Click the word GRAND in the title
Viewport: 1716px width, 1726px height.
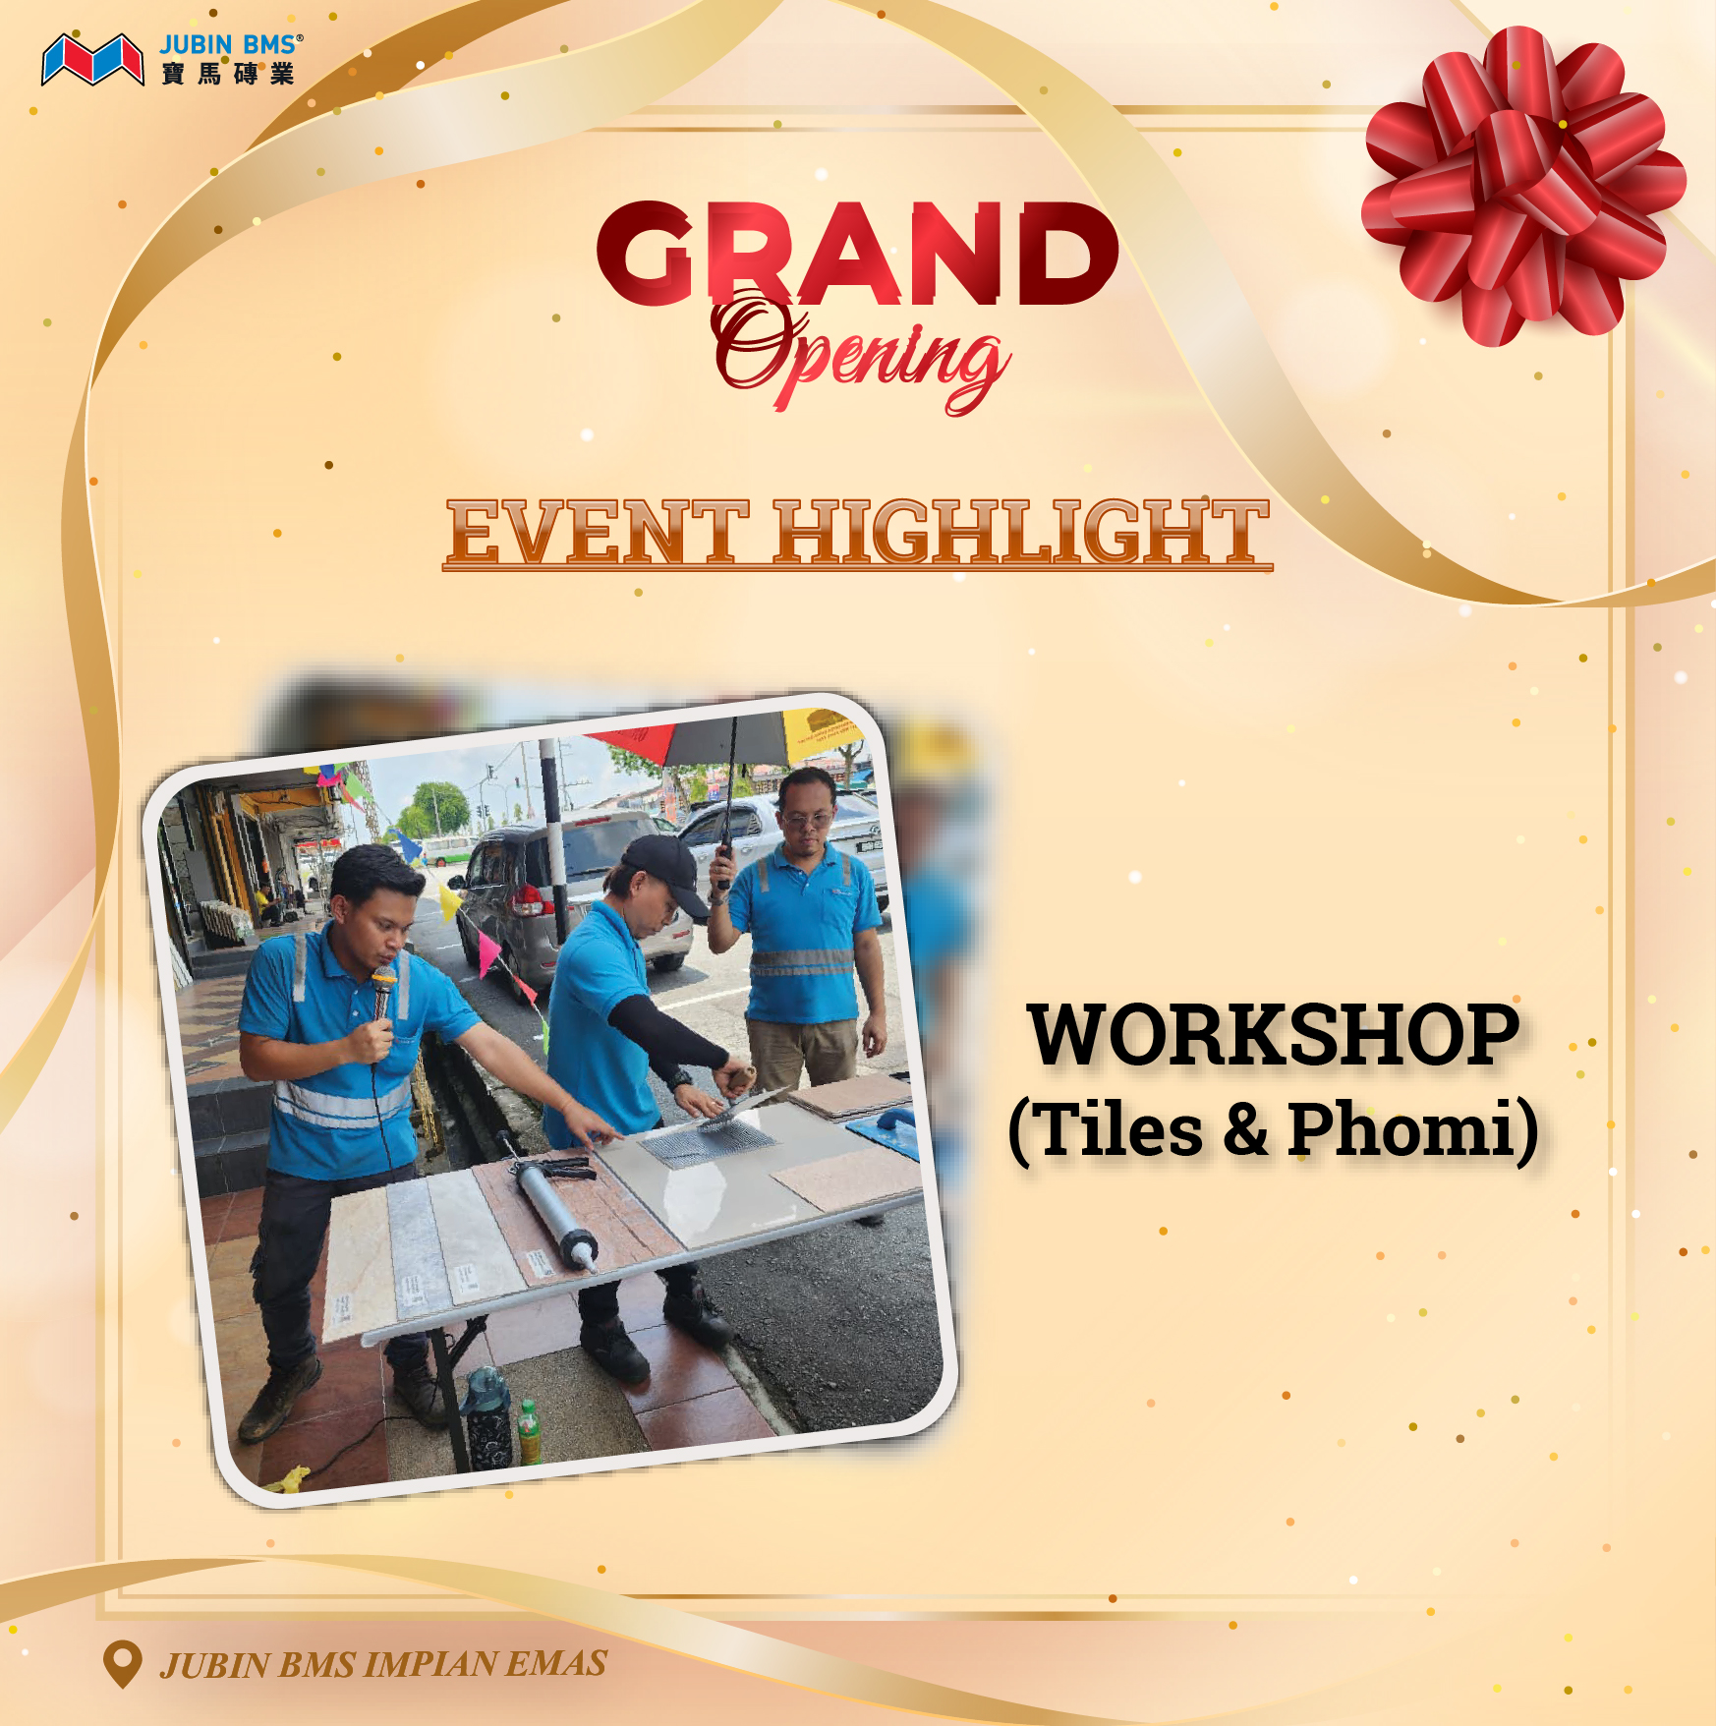click(857, 254)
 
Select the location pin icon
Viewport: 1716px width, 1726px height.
click(123, 1664)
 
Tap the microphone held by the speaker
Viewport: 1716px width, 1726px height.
click(381, 993)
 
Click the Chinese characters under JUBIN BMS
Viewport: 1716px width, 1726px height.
click(228, 74)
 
